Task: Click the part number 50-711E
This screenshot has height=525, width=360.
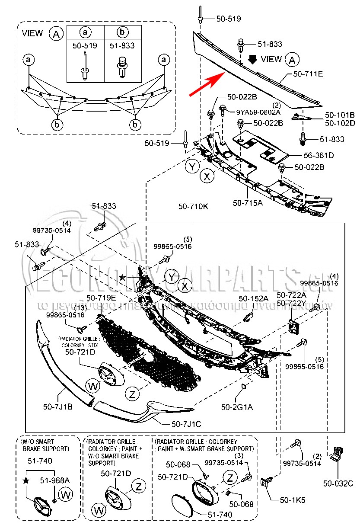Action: [308, 74]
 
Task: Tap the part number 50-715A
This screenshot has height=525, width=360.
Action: [247, 202]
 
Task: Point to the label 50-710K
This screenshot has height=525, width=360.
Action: [193, 206]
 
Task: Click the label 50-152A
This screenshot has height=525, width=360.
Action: [254, 299]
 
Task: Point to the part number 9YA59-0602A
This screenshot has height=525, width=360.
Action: [258, 112]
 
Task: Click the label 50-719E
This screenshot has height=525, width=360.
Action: [101, 298]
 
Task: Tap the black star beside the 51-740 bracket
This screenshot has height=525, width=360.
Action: [26, 480]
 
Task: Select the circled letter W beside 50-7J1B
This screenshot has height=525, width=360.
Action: [92, 386]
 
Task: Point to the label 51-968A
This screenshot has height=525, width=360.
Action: [55, 480]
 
